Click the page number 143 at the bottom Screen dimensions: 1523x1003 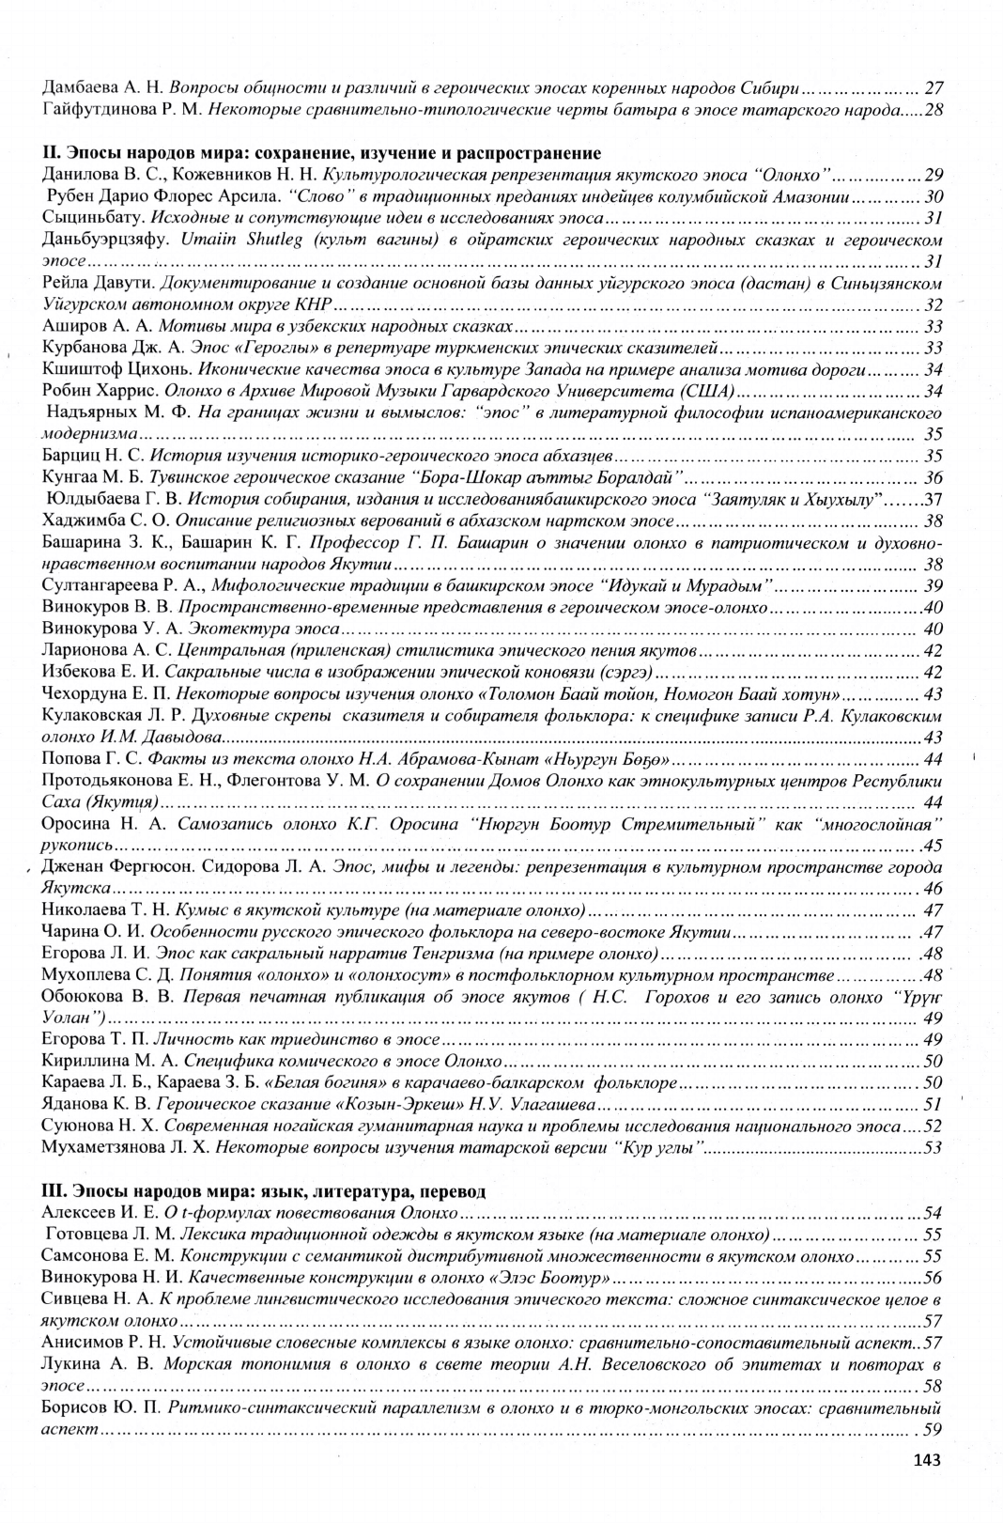point(925,1459)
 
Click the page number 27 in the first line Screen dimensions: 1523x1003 point(934,88)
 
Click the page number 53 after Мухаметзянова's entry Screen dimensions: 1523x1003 point(934,1147)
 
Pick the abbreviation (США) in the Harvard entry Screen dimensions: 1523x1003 point(712,391)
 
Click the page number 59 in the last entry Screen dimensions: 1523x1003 point(933,1430)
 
